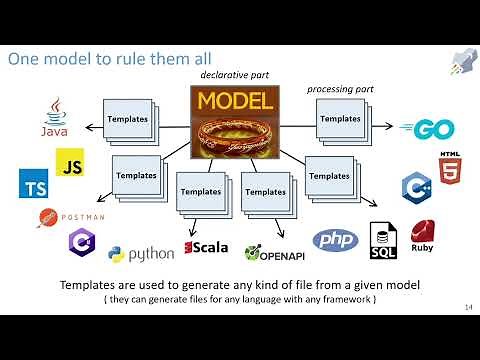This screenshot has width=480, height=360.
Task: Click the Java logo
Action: [56, 118]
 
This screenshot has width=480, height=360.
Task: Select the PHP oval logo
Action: [336, 241]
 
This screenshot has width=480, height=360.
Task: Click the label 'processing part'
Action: [338, 89]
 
